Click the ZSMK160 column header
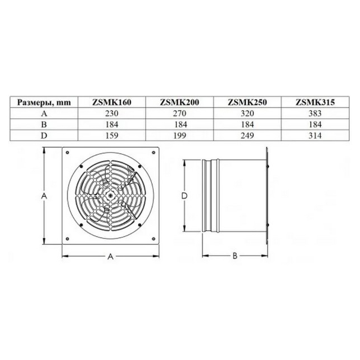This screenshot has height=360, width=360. (111, 102)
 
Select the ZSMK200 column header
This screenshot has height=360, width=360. (179, 102)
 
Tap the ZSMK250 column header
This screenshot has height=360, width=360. (247, 102)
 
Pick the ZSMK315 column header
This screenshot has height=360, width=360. (315, 102)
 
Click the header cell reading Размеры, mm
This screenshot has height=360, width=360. (44, 102)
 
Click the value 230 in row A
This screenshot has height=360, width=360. (112, 114)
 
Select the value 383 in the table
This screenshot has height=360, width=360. (315, 114)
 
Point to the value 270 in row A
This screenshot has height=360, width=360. (179, 114)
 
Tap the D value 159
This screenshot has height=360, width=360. (112, 136)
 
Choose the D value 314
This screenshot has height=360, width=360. (315, 136)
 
